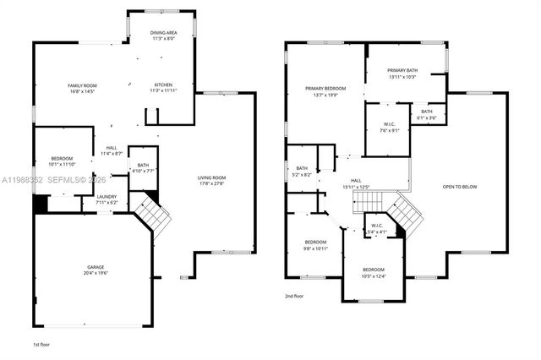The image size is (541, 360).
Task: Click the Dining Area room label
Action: point(162,35)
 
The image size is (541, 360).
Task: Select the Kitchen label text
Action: point(163,87)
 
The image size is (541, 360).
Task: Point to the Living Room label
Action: point(211,180)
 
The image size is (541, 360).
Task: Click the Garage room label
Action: point(94,270)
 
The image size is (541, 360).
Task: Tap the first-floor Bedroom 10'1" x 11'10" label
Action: point(61,161)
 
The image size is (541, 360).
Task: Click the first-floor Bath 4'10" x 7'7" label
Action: point(143,167)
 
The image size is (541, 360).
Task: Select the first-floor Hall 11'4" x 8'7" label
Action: point(112,150)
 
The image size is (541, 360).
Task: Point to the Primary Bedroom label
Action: point(325,91)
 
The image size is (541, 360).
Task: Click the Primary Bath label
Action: point(403,74)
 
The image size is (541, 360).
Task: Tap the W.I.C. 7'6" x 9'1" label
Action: point(389,128)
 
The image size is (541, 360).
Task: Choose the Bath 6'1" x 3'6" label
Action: point(427,115)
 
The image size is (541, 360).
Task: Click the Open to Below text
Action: point(460,187)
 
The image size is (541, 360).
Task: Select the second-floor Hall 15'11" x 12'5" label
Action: point(357,183)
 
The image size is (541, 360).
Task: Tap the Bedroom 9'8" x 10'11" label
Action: point(315,245)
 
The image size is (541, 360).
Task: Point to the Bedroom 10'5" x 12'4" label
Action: point(374,272)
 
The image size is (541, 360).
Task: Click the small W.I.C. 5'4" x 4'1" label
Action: point(376,228)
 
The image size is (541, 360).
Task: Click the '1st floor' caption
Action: point(41,345)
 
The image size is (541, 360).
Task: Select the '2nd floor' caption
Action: point(295,295)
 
